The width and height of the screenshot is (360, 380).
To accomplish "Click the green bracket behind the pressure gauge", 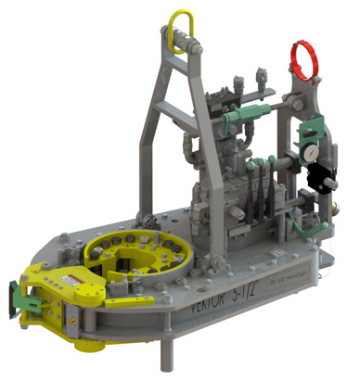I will (315, 130).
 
